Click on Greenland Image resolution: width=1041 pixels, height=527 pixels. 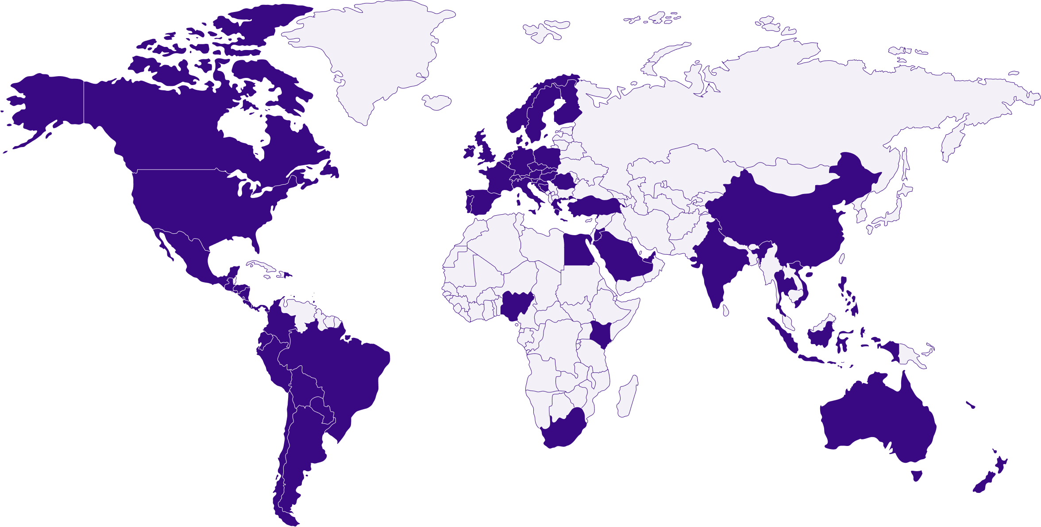[x=376, y=53]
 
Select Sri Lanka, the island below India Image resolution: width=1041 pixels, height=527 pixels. [x=726, y=310]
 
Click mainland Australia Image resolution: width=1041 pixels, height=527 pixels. [x=876, y=421]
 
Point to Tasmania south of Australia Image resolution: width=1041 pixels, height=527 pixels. [x=917, y=475]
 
